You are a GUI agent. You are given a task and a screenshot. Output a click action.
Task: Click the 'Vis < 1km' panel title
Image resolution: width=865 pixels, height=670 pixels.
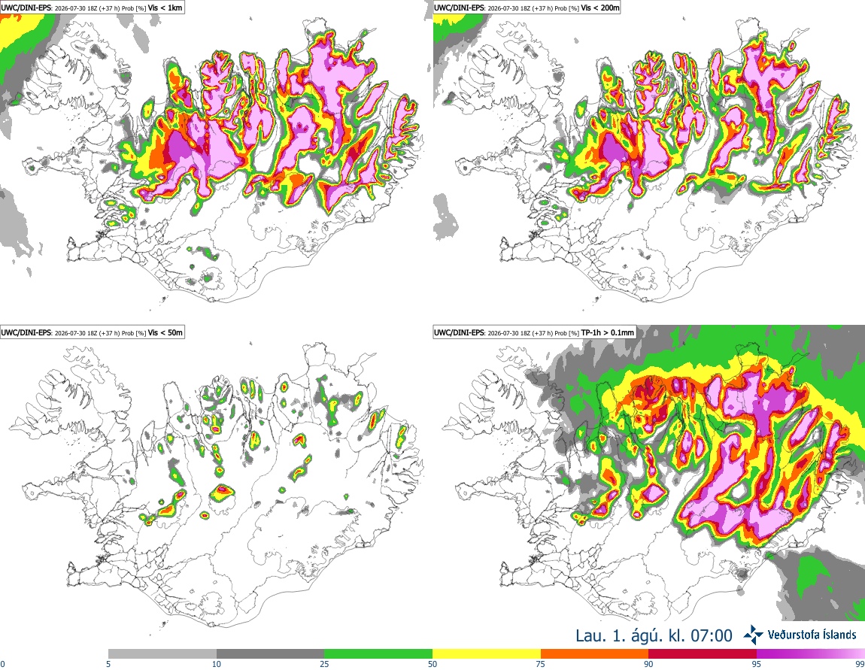(x=165, y=8)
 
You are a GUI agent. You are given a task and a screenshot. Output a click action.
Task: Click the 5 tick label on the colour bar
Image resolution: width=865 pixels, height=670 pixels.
(x=108, y=664)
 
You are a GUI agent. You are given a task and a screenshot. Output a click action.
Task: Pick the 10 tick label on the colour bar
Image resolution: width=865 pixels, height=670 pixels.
(x=217, y=664)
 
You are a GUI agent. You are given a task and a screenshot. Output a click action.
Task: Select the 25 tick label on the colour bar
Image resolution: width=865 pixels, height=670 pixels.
(x=324, y=664)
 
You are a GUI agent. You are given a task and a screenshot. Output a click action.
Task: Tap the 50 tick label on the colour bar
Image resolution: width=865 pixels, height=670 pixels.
(x=432, y=664)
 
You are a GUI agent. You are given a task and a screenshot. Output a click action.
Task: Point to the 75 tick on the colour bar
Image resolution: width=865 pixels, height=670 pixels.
(x=541, y=664)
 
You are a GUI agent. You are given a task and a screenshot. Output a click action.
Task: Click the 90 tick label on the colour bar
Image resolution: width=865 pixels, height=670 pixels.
(x=648, y=664)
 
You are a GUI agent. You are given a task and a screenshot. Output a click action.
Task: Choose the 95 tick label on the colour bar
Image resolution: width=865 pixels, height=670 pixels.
(x=757, y=664)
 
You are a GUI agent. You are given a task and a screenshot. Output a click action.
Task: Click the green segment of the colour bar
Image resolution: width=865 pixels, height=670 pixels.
(x=378, y=654)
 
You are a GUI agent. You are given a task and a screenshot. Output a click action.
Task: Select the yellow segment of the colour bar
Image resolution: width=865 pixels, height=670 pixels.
(x=487, y=654)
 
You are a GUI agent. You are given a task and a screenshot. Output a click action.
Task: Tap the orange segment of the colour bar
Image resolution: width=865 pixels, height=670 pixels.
(x=595, y=654)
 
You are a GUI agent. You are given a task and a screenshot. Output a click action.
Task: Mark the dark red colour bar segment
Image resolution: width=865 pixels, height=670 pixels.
(x=703, y=654)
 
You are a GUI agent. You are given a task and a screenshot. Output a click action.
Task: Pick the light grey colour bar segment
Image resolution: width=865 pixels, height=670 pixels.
(x=162, y=654)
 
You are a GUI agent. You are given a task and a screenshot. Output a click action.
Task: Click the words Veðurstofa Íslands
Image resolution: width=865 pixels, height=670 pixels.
(x=812, y=635)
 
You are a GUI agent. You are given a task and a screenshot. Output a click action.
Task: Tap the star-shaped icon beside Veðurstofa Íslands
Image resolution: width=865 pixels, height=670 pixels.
(x=754, y=635)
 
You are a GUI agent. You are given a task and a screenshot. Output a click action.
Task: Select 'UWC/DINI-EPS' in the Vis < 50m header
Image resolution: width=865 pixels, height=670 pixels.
(x=26, y=332)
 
